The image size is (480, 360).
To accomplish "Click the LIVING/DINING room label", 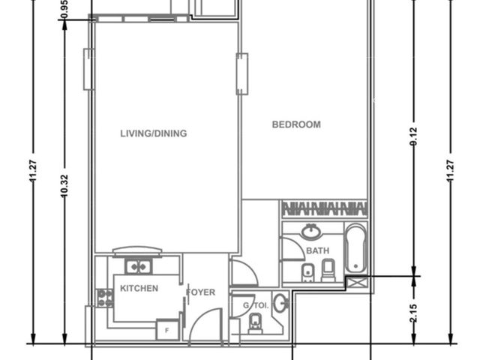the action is tap(153, 133).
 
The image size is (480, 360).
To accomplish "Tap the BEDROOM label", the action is tap(296, 124).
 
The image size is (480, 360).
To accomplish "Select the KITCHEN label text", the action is tap(139, 288).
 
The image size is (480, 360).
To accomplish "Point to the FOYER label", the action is tap(200, 292).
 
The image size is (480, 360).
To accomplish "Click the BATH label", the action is tap(318, 251).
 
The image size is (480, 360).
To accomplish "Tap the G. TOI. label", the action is tap(256, 305).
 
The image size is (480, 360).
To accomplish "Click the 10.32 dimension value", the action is tap(64, 185).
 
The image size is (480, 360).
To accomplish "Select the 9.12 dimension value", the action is tap(413, 136).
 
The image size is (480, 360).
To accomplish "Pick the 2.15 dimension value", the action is tap(413, 313).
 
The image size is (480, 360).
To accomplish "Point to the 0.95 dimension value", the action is tap(64, 9).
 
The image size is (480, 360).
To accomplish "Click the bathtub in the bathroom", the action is tap(355, 248).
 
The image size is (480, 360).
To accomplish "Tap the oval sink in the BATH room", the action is tap(312, 231).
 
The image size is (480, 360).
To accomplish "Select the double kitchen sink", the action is tap(138, 267).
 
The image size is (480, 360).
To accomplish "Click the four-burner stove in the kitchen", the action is tap(105, 298).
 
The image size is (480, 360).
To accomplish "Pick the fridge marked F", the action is tap(167, 330).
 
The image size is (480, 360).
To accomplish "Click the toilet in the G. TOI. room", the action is tap(255, 323).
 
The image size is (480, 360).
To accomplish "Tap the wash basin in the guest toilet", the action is tap(280, 303).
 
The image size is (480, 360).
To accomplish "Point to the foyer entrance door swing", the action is tap(205, 325).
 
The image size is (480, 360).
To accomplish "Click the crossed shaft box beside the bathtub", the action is tap(356, 282).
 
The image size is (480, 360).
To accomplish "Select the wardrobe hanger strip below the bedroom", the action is tap(325, 209).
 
